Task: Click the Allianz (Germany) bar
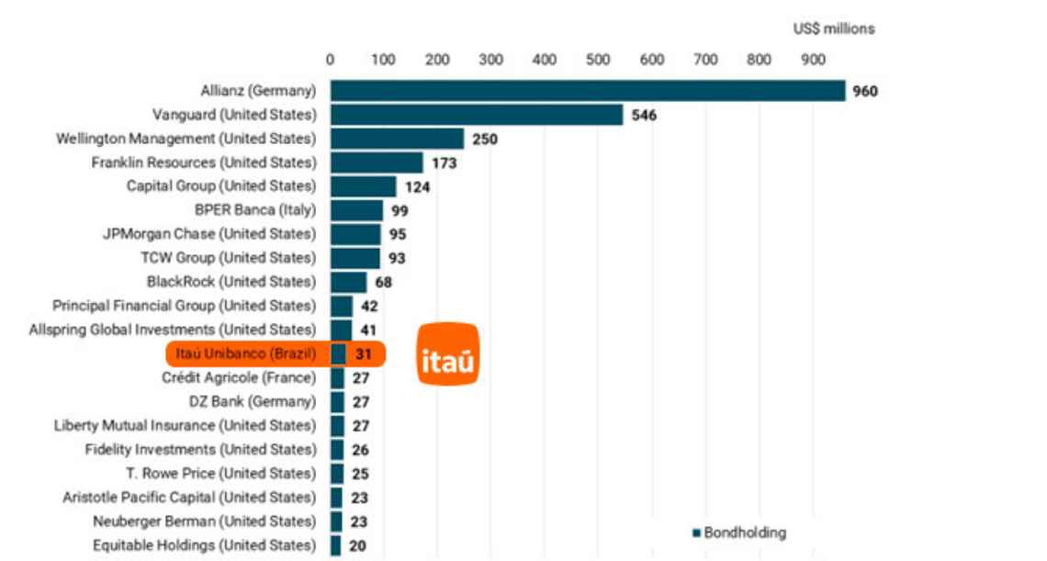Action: pos(588,91)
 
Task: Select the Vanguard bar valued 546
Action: pos(477,115)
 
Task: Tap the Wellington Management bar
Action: pos(397,139)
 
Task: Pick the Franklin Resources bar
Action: pos(377,163)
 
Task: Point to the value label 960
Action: pos(865,91)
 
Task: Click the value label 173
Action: pos(444,163)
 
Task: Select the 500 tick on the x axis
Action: pos(598,60)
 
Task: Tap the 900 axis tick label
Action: pos(813,60)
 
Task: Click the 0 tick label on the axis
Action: pos(331,60)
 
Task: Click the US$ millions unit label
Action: pos(834,28)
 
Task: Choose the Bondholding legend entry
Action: pos(739,533)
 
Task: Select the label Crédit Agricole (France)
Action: pos(239,377)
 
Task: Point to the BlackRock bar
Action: pos(348,282)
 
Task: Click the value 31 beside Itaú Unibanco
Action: pos(364,353)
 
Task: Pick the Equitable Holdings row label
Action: pos(204,544)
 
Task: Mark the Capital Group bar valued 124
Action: pos(363,186)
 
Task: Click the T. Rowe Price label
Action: pos(221,473)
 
